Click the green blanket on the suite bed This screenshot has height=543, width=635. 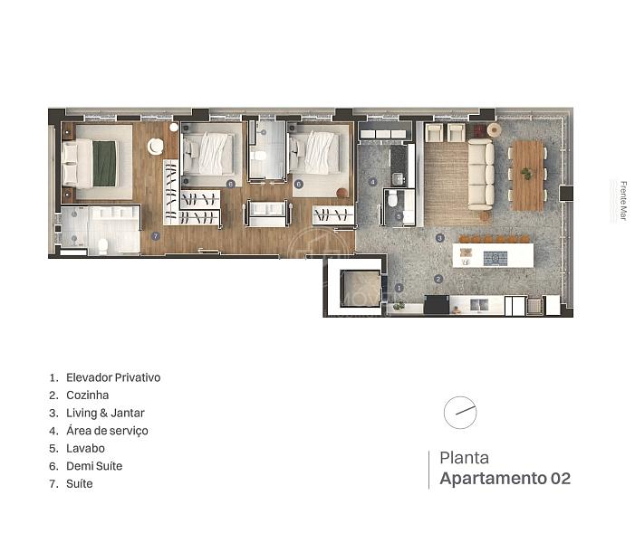coord(106,163)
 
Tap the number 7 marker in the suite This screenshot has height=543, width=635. coord(156,236)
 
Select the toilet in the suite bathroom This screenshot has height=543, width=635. coord(103,244)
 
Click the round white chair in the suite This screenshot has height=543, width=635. coord(156,146)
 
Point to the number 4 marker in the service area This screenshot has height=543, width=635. coord(372,182)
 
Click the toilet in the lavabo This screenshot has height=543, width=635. coord(393,199)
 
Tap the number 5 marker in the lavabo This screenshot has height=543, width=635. coord(399,217)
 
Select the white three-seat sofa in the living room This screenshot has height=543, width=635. coord(481,174)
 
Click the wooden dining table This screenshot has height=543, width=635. coord(527,174)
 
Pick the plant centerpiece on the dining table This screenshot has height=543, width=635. coord(526,173)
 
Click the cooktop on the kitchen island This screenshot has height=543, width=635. coord(495,257)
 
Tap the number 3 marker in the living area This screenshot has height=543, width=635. coord(439,238)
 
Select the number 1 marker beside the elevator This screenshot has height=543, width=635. coord(399,287)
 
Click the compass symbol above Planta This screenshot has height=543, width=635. coord(460,412)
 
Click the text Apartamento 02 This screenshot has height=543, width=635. coord(505,479)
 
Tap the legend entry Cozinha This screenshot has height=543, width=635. coord(87,395)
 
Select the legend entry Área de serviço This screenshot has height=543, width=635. coord(107,431)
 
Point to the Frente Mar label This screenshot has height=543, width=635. coord(623,201)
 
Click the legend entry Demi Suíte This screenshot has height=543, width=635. coord(94,466)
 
